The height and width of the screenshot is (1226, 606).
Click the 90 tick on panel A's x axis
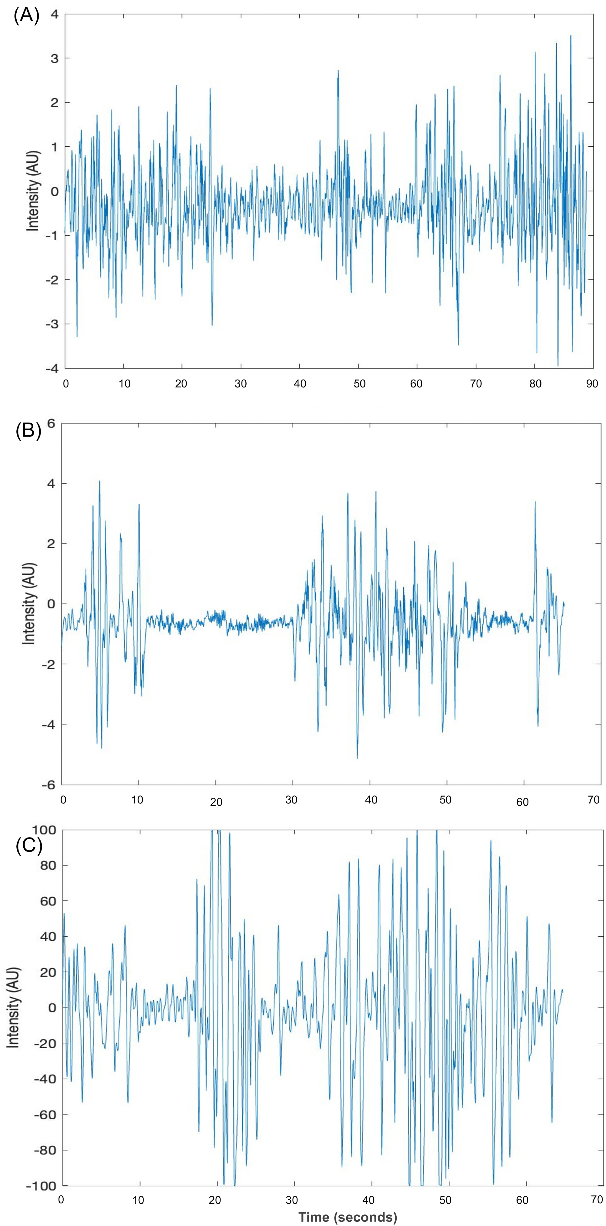tap(592, 384)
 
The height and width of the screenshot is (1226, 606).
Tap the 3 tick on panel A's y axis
tap(55, 58)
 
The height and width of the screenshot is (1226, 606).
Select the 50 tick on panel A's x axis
tap(359, 384)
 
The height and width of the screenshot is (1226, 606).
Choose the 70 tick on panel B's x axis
tap(594, 799)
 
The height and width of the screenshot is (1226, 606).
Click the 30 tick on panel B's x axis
tap(291, 799)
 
